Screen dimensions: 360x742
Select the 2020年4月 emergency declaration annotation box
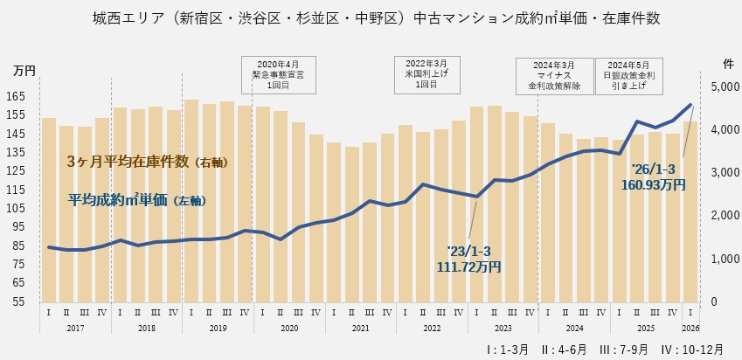pyautogui.click(x=279, y=74)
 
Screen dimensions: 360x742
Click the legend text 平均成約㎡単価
pyautogui.click(x=136, y=200)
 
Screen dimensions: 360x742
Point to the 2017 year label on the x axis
pyautogui.click(x=75, y=328)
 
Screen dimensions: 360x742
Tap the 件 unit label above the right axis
pyautogui.click(x=728, y=64)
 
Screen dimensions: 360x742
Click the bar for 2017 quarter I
pyautogui.click(x=49, y=210)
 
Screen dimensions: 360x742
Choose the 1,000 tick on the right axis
pyautogui.click(x=724, y=259)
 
